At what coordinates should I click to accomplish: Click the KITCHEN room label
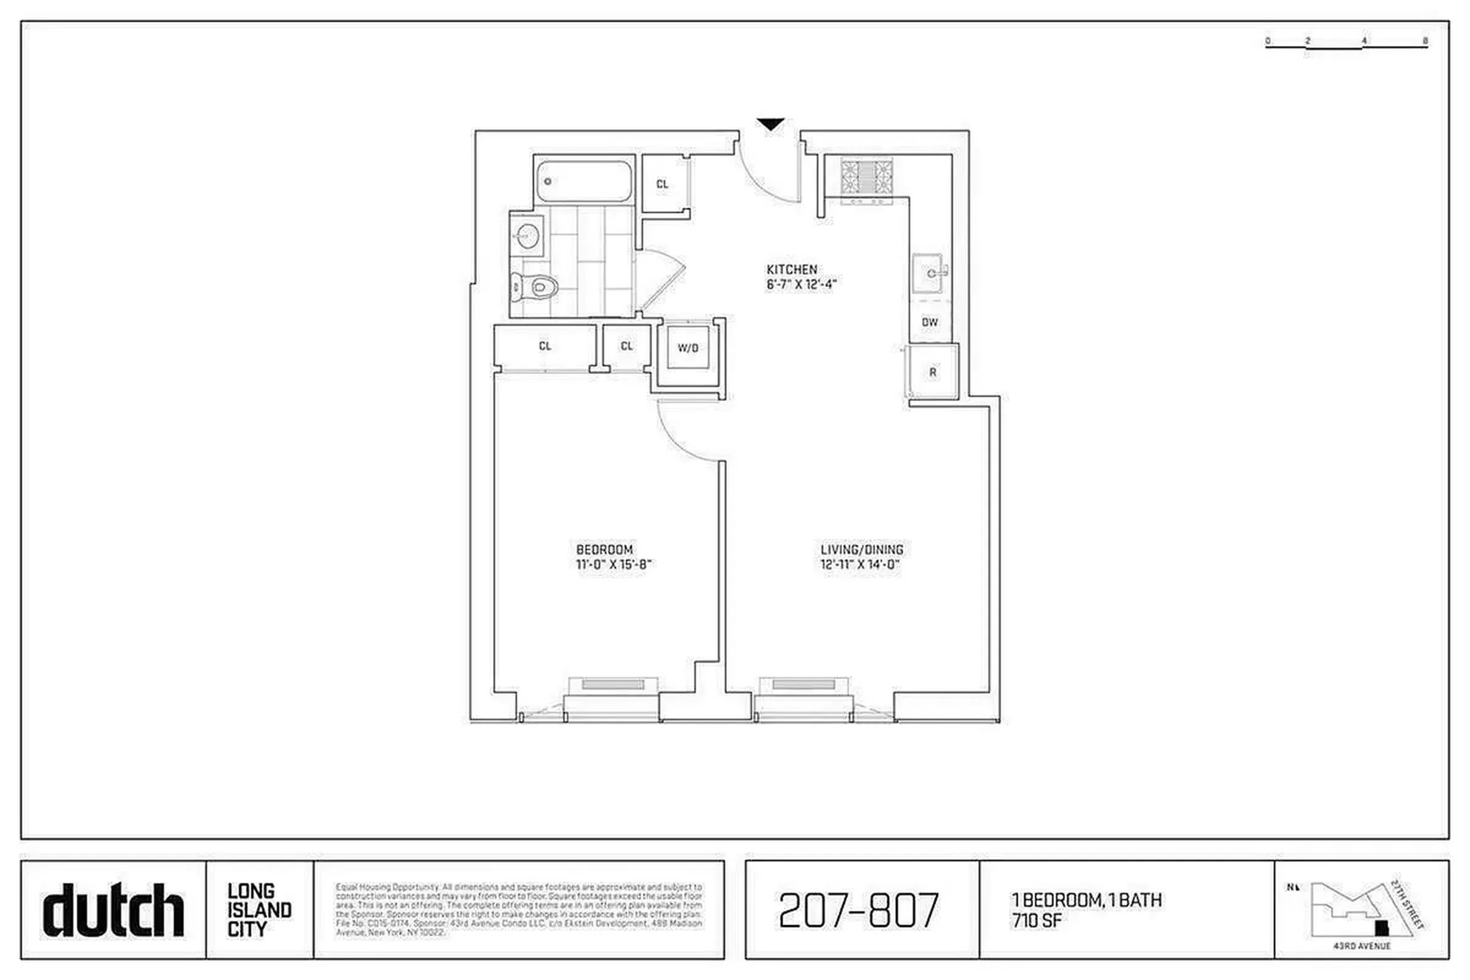click(x=792, y=269)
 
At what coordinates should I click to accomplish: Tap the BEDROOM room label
click(x=605, y=549)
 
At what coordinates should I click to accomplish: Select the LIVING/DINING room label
click(x=862, y=549)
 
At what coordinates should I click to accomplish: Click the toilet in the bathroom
click(x=537, y=287)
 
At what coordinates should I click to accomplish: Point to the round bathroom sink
click(x=527, y=236)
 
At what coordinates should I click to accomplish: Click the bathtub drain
click(x=548, y=182)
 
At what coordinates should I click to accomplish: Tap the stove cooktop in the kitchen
click(x=867, y=176)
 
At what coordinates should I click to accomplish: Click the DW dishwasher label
click(x=930, y=323)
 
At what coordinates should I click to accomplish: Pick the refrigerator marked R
click(x=932, y=372)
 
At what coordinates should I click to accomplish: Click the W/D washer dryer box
click(x=687, y=348)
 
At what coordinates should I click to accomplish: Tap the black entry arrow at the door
click(x=771, y=124)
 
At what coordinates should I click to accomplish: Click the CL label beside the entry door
click(x=663, y=184)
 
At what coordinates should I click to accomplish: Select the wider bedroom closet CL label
click(x=545, y=346)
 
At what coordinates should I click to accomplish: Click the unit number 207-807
click(x=859, y=910)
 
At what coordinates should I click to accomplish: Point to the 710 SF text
click(x=1037, y=921)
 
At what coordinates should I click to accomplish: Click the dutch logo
click(x=113, y=910)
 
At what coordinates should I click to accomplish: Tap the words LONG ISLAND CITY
click(x=258, y=910)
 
